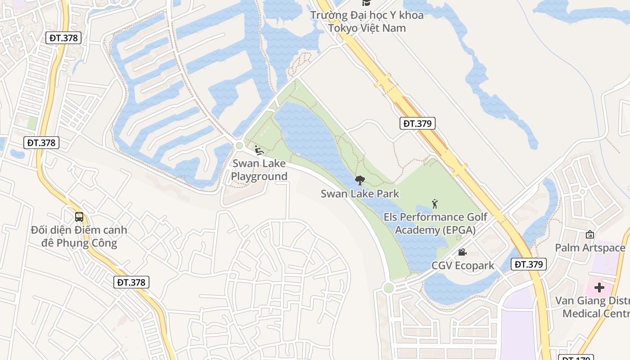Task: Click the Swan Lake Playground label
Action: click(x=259, y=170)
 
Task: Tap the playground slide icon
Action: click(x=259, y=150)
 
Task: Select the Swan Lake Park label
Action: click(x=360, y=194)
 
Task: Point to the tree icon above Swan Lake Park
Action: click(x=360, y=181)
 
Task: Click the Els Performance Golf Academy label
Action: click(x=435, y=224)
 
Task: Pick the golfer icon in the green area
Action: click(x=435, y=204)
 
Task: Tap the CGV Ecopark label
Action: click(x=463, y=265)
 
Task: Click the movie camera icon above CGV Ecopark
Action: click(x=462, y=252)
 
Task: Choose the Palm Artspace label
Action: click(x=590, y=248)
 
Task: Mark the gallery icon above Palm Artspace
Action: click(x=590, y=234)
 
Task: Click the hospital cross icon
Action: click(x=599, y=287)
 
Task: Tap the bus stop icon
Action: click(x=79, y=217)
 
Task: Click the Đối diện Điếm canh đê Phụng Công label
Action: click(x=79, y=237)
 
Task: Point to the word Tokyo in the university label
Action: click(x=344, y=28)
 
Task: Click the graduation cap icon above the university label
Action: click(x=367, y=3)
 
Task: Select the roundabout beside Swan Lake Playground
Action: click(x=239, y=145)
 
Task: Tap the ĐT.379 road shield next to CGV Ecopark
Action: click(x=529, y=264)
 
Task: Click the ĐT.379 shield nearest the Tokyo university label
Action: click(x=418, y=123)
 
